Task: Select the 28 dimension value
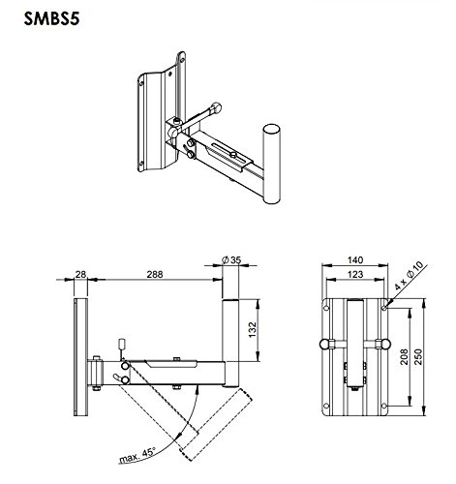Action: pyautogui.click(x=82, y=275)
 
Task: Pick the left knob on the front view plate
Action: pyautogui.click(x=321, y=345)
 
